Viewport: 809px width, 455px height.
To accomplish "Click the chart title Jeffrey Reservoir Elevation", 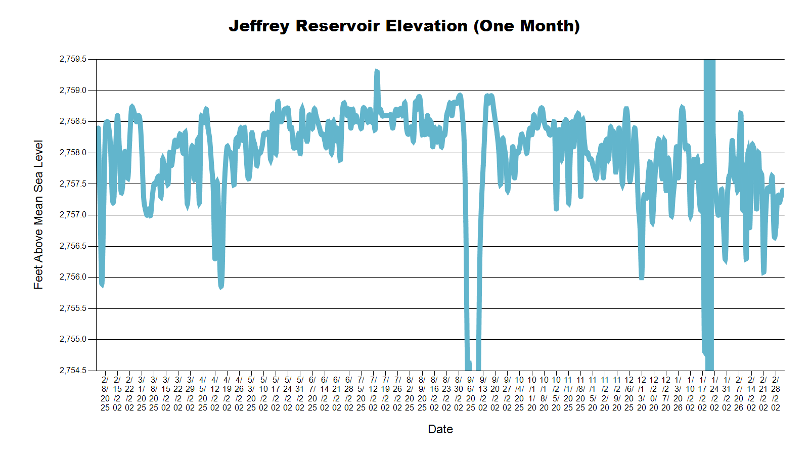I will point(404,26).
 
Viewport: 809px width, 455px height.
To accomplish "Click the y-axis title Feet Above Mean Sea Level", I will point(38,214).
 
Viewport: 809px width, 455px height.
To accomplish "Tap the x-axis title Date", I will point(440,429).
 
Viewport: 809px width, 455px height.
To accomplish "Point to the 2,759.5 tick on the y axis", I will point(73,59).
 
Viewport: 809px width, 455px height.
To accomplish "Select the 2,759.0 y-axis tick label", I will point(73,90).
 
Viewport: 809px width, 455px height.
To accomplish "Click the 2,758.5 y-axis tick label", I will point(73,121).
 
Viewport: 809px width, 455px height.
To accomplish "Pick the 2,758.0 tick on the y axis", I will point(73,153).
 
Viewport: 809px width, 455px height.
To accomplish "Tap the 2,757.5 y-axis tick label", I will point(73,184).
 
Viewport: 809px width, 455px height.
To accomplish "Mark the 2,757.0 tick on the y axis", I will point(73,215).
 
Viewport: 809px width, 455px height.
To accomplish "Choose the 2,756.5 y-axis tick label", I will point(73,246).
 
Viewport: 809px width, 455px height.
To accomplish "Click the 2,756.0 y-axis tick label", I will point(73,277).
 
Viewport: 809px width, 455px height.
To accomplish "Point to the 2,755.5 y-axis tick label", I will point(73,308).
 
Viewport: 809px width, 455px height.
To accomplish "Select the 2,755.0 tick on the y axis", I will point(73,339).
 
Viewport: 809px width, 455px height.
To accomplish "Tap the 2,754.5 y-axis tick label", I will point(73,371).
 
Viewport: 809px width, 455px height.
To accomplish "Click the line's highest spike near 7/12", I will point(377,72).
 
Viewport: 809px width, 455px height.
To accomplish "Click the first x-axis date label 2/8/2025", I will point(105,393).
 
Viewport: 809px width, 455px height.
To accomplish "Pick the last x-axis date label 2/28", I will point(775,393).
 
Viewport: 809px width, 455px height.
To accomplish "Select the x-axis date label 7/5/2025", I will point(361,393).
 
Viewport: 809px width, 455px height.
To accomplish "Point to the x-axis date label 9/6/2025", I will point(470,393).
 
